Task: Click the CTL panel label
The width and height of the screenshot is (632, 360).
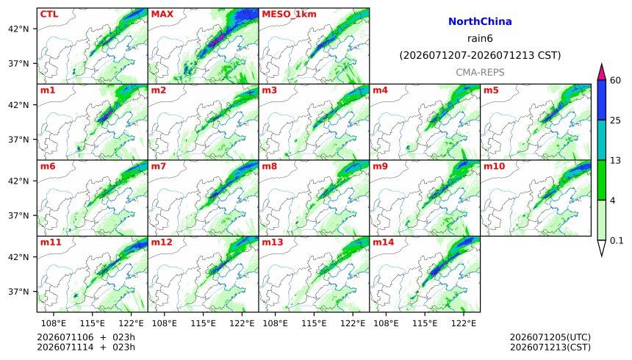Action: pyautogui.click(x=49, y=14)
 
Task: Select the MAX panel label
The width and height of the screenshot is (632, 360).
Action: pyautogui.click(x=162, y=14)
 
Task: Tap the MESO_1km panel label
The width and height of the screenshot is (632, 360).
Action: pyautogui.click(x=289, y=15)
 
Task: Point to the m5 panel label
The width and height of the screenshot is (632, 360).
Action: pyautogui.click(x=491, y=90)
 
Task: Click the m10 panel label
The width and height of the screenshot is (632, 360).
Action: pyautogui.click(x=494, y=166)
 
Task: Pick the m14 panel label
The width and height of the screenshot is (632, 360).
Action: pyautogui.click(x=384, y=242)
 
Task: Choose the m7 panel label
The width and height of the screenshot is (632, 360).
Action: pyautogui.click(x=159, y=166)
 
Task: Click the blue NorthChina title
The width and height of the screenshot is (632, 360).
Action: pyautogui.click(x=480, y=21)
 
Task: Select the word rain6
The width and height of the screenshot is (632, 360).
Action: pyautogui.click(x=480, y=39)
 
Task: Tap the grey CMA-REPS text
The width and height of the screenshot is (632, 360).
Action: pyautogui.click(x=480, y=73)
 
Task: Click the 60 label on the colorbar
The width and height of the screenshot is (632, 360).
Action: pyautogui.click(x=615, y=80)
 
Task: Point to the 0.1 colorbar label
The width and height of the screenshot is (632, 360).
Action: pyautogui.click(x=617, y=241)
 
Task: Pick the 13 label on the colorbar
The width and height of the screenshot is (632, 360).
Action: pyautogui.click(x=615, y=160)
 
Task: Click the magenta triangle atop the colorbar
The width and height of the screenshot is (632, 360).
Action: pyautogui.click(x=601, y=73)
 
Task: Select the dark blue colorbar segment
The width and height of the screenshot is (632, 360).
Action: pyautogui.click(x=601, y=100)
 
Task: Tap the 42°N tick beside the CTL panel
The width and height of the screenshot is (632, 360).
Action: pyautogui.click(x=18, y=29)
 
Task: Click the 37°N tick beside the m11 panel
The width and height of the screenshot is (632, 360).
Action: pyautogui.click(x=18, y=292)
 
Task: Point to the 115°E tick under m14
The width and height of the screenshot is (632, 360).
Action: pyautogui.click(x=425, y=323)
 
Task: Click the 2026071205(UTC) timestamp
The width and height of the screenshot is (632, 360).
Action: pyautogui.click(x=550, y=337)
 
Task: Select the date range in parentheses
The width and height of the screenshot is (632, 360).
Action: pyautogui.click(x=480, y=55)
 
